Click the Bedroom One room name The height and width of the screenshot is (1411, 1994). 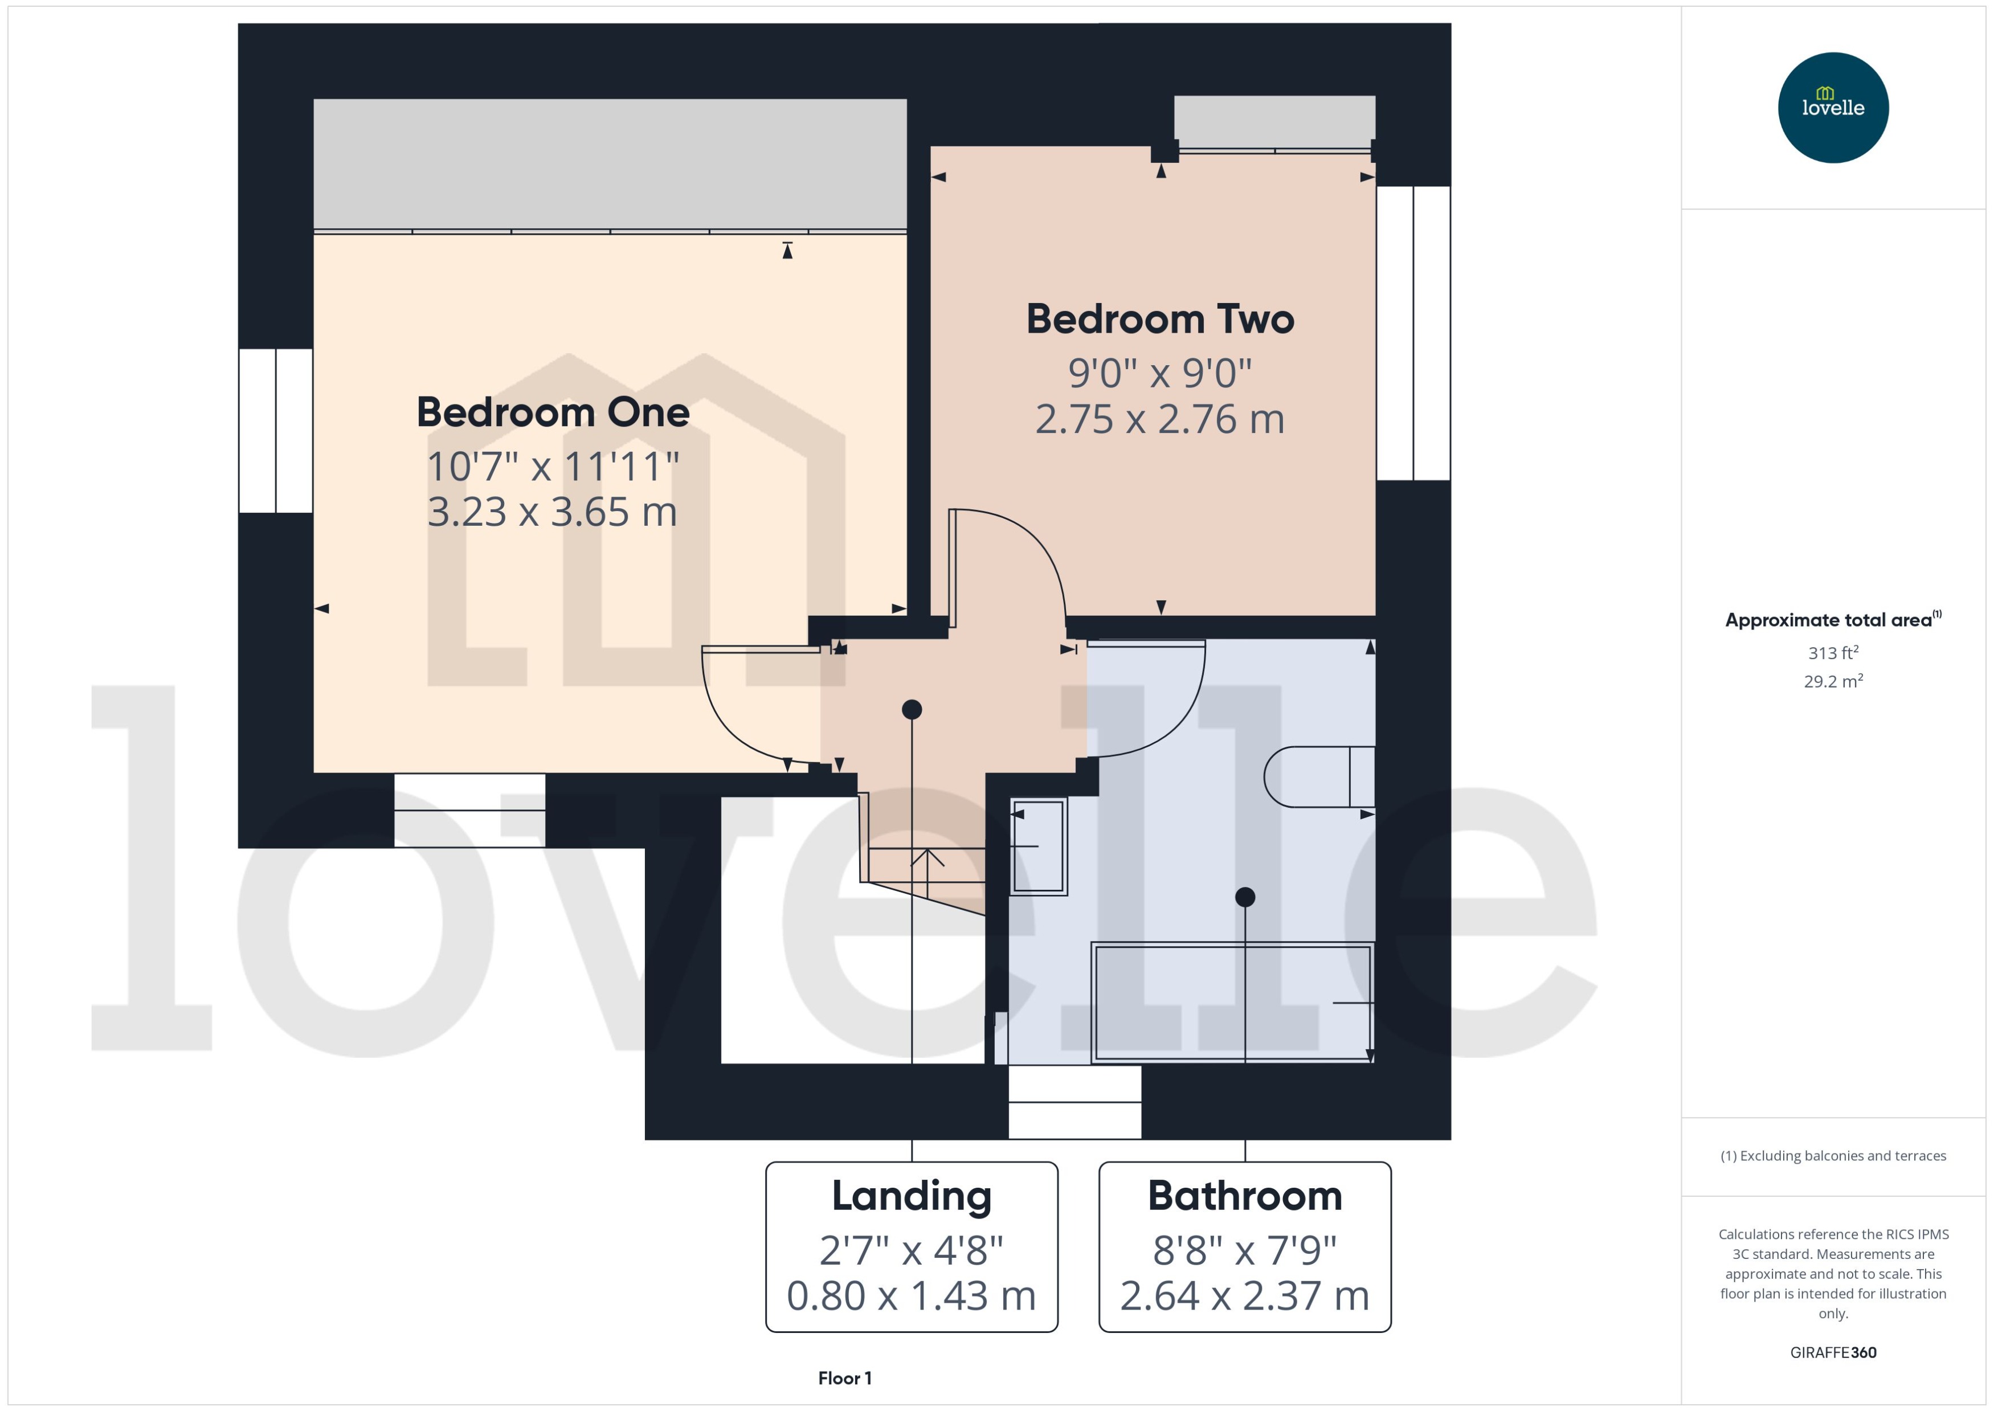[x=553, y=412]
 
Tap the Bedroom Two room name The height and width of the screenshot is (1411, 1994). [x=1160, y=319]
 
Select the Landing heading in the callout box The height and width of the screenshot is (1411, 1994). [x=912, y=1196]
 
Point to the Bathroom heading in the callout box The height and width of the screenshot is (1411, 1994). [x=1244, y=1196]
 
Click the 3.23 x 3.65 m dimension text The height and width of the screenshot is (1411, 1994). [x=553, y=512]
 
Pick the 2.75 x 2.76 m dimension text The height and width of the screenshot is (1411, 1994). [x=1160, y=420]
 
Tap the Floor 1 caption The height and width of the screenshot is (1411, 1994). [x=844, y=1378]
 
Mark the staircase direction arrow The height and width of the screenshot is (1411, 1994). [x=927, y=860]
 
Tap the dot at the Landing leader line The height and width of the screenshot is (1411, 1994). [x=912, y=710]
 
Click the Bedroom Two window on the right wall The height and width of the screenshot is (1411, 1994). [x=1413, y=333]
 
